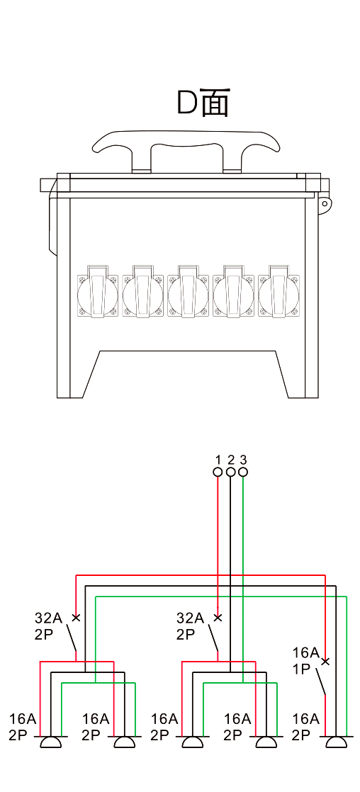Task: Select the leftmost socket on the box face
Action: click(97, 293)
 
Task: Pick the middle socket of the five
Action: click(188, 293)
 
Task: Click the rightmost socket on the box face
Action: click(279, 293)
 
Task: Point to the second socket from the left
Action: click(142, 293)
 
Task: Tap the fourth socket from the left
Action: click(234, 293)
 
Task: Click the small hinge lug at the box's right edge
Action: click(324, 203)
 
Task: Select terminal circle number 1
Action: click(218, 472)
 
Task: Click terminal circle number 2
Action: click(230, 472)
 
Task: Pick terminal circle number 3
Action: click(243, 472)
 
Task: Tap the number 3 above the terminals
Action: click(243, 460)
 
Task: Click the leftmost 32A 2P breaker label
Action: click(48, 626)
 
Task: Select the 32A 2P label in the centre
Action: click(190, 626)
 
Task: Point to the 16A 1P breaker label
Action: click(306, 661)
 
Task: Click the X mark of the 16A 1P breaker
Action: click(325, 661)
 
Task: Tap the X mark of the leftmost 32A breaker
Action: click(76, 617)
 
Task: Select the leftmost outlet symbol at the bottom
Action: click(50, 742)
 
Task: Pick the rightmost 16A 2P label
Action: click(306, 727)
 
